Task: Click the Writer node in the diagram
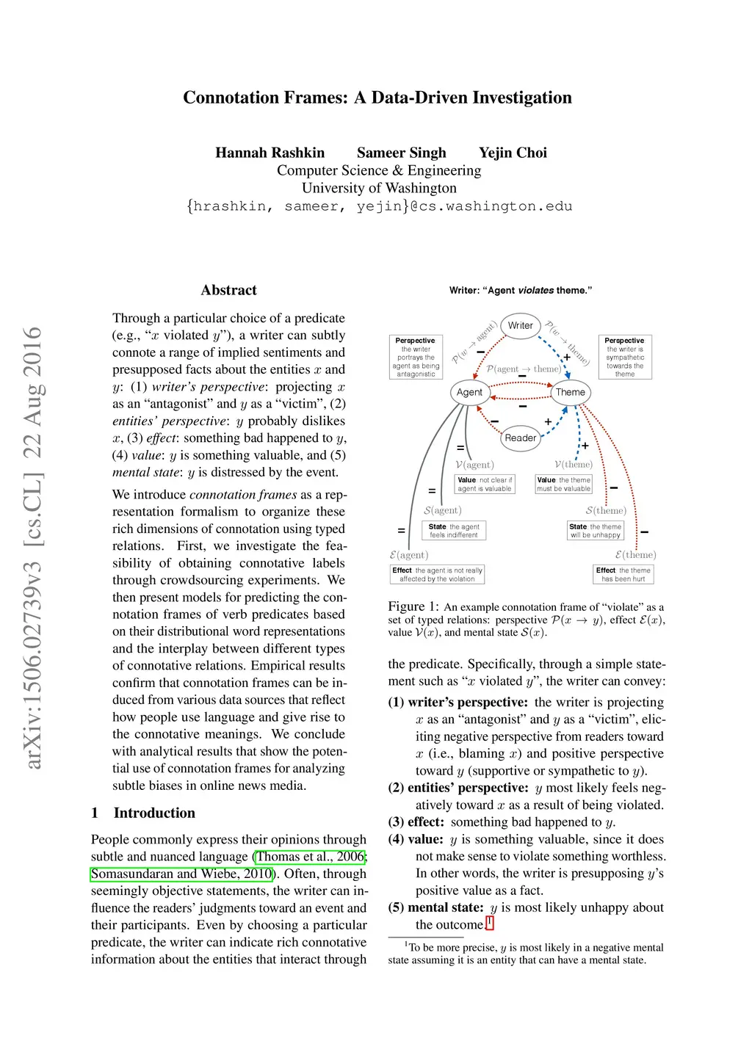tap(521, 325)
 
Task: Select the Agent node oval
tap(469, 392)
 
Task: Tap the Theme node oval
tap(571, 392)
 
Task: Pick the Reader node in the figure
tap(520, 438)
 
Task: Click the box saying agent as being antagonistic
tap(416, 358)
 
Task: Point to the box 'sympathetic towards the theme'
tap(625, 358)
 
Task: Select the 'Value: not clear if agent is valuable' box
tap(485, 484)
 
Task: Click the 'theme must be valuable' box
tap(563, 484)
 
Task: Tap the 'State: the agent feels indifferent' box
tap(454, 530)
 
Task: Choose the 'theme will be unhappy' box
tap(595, 530)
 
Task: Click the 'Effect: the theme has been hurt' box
tap(623, 574)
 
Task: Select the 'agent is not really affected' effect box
tap(437, 574)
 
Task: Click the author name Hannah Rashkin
tap(270, 153)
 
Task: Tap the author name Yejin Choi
tap(513, 153)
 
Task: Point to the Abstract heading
tap(228, 290)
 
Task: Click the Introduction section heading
tap(154, 813)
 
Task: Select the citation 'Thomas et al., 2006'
tap(310, 857)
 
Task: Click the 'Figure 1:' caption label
tap(413, 606)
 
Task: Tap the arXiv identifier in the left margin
tap(32, 548)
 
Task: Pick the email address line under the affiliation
tap(379, 206)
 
